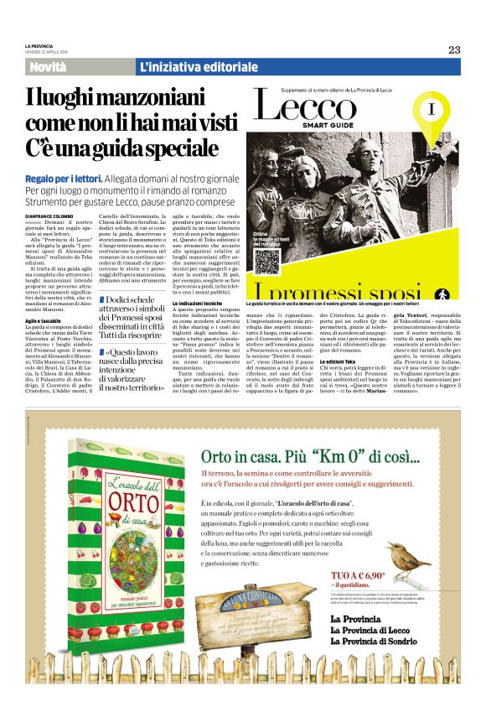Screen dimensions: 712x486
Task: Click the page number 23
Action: pos(453,49)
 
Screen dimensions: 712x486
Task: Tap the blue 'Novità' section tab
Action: pos(48,66)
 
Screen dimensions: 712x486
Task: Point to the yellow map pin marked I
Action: pos(431,112)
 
